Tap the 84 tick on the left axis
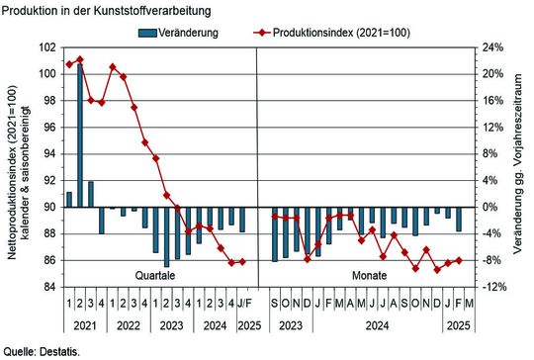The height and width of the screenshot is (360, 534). pos(50,287)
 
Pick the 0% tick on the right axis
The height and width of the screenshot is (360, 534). pos(489,207)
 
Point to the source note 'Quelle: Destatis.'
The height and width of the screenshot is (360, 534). pos(42,351)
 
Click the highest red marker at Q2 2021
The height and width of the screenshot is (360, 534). pos(80,59)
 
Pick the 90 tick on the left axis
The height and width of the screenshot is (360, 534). pos(50,207)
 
